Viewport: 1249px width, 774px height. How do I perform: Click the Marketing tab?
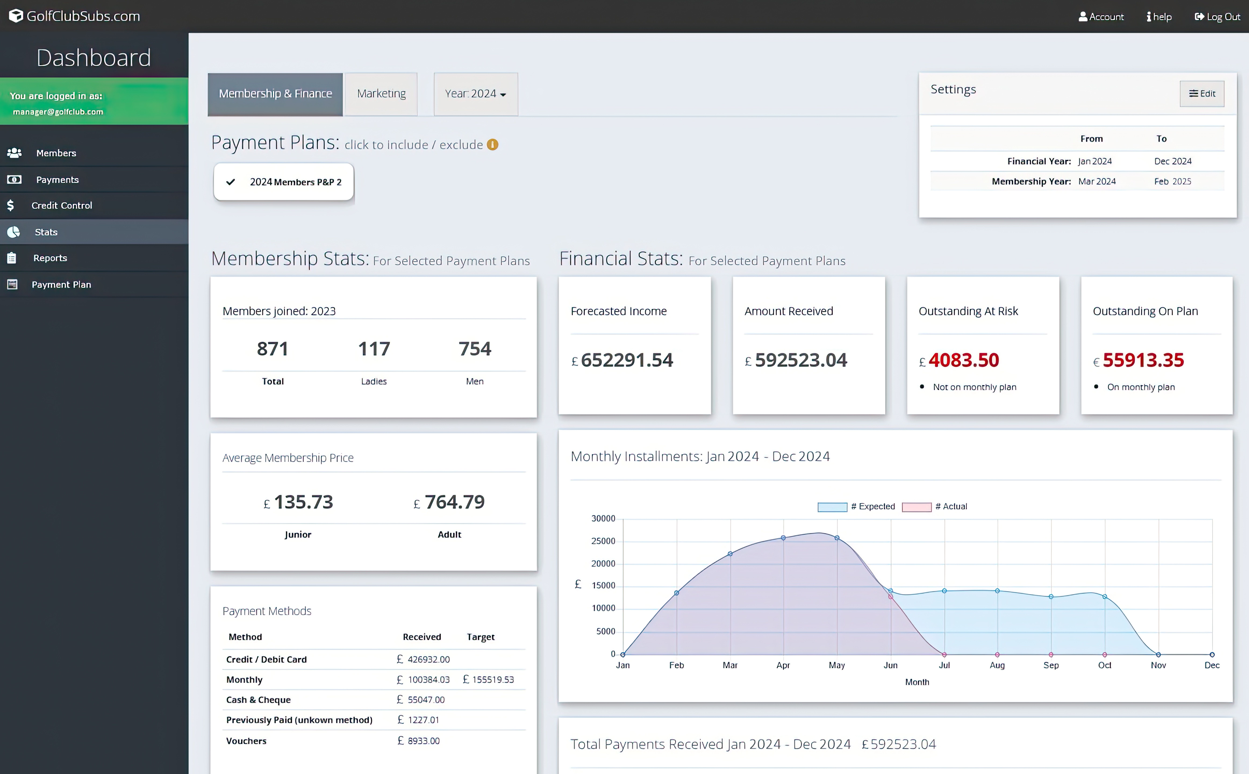click(x=381, y=94)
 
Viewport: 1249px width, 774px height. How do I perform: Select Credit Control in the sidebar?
click(x=61, y=205)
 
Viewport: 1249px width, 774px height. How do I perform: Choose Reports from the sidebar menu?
click(x=50, y=258)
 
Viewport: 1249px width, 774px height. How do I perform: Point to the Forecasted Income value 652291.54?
click(x=627, y=360)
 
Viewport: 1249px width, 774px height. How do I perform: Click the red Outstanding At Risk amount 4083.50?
click(x=963, y=360)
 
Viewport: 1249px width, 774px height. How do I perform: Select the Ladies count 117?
click(x=374, y=349)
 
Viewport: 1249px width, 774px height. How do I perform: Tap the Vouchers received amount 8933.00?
click(x=423, y=741)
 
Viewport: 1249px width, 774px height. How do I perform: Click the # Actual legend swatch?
click(x=916, y=507)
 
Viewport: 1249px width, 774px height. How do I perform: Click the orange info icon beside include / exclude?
click(x=492, y=145)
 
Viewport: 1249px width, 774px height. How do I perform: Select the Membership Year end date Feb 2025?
click(x=1172, y=181)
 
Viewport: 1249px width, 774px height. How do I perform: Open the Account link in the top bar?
click(x=1101, y=17)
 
